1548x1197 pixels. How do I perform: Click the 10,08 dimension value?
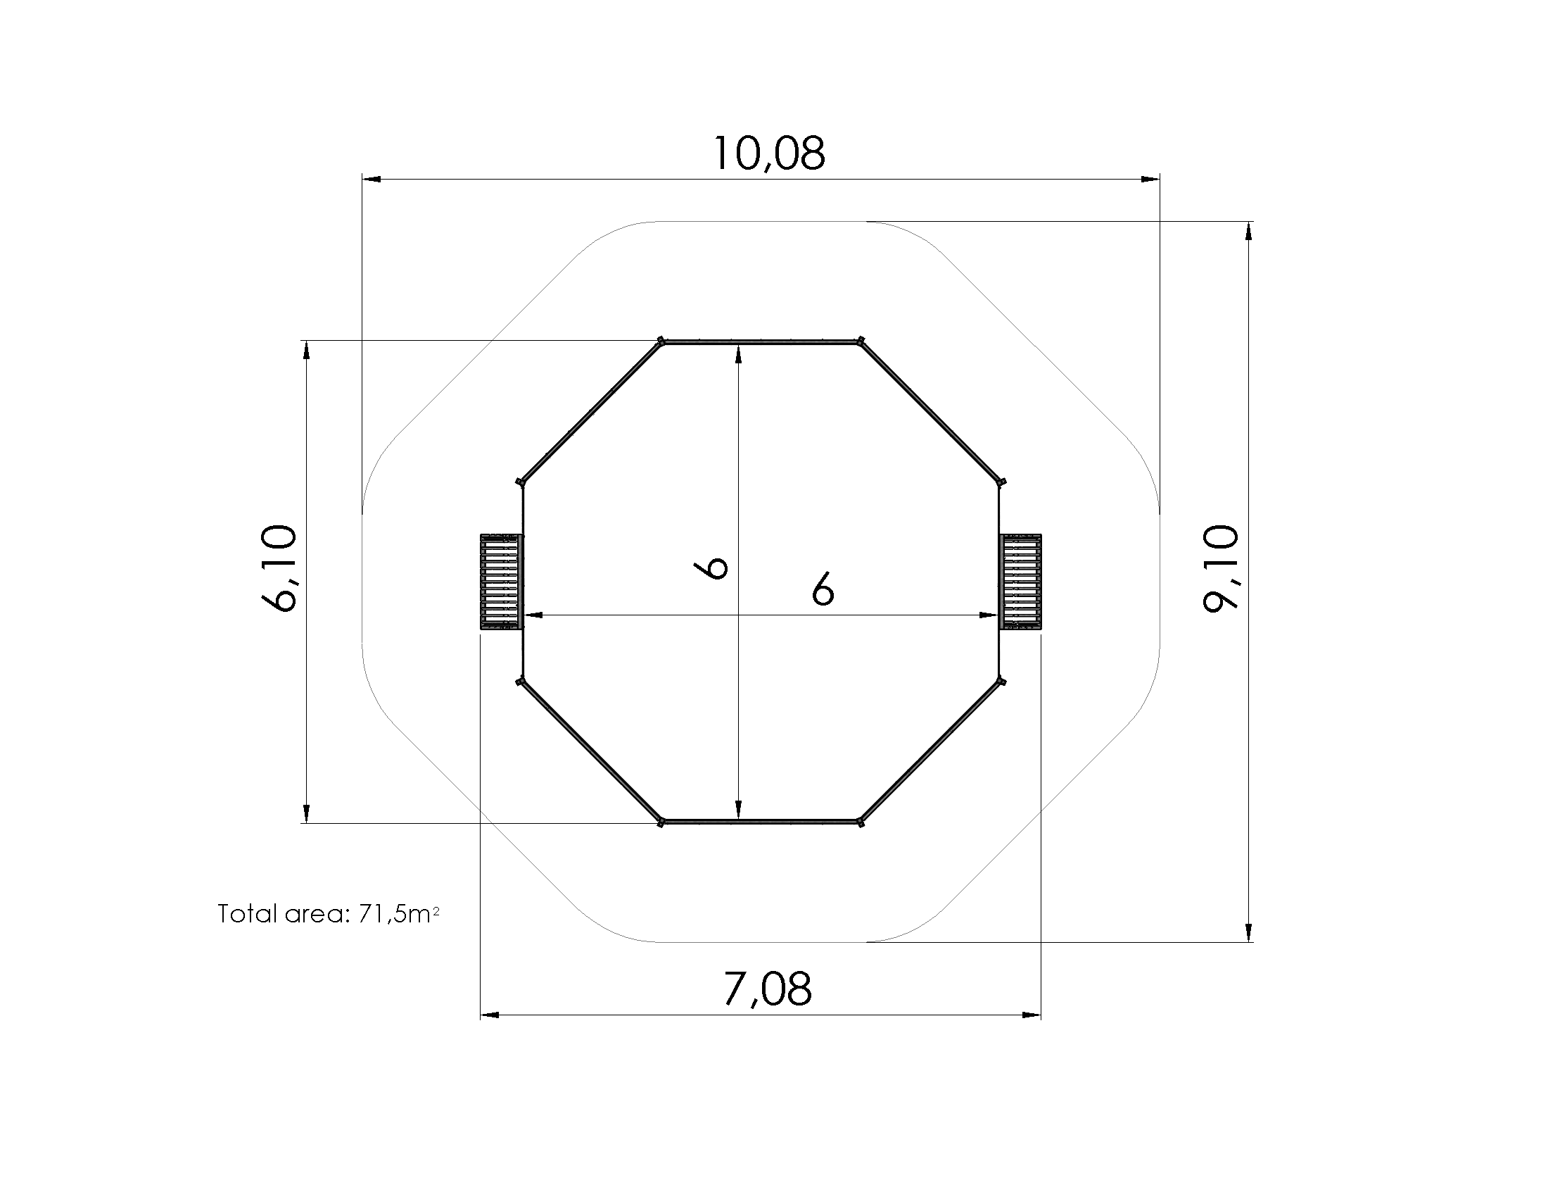pos(768,154)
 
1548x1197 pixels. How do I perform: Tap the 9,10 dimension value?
pos(1222,568)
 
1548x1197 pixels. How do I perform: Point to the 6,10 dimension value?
pos(279,568)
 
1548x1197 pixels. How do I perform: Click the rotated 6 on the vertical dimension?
pos(712,568)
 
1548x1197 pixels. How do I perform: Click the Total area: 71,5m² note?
pos(328,914)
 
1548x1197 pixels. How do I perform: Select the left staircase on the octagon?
pos(502,582)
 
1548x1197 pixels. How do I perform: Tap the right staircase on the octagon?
pos(1020,582)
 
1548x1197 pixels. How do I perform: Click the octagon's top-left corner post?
pos(661,341)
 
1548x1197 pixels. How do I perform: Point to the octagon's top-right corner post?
pos(861,341)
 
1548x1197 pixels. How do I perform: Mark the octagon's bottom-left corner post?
pos(661,822)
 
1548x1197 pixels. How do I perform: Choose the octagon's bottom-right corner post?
pos(861,822)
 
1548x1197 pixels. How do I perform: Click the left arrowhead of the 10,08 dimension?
pos(371,180)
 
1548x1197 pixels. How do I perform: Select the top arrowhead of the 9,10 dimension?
pos(1249,231)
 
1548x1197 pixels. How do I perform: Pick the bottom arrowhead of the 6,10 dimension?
pos(306,813)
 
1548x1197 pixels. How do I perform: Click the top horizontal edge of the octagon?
pos(761,343)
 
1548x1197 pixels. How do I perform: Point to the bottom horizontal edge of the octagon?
pos(761,822)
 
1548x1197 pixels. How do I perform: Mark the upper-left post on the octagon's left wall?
pos(520,482)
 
